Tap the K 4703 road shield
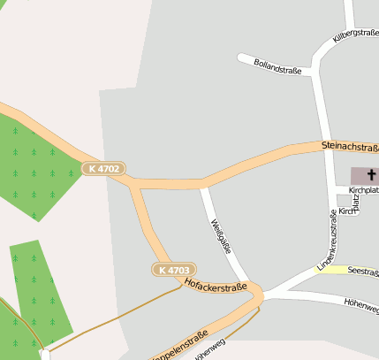coord(173,269)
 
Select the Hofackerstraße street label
coord(215,285)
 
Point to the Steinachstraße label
coord(350,146)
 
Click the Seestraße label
coord(363,272)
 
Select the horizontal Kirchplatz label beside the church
coord(363,190)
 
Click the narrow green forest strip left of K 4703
coord(40,292)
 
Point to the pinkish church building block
coord(362,175)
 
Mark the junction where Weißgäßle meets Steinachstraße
coord(203,184)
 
